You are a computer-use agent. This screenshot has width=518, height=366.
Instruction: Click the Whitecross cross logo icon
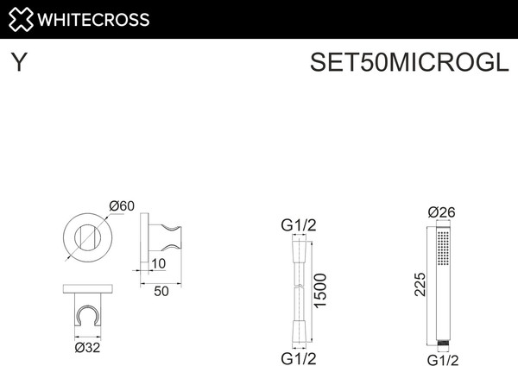tap(22, 19)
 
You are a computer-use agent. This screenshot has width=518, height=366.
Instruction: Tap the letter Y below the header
tap(18, 62)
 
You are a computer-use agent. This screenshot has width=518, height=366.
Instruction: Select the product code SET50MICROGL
tap(404, 63)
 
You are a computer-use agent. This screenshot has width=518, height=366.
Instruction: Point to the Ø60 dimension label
tap(122, 205)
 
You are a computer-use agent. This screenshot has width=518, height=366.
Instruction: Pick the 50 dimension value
tap(160, 291)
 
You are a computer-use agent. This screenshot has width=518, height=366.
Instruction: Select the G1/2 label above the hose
tap(299, 226)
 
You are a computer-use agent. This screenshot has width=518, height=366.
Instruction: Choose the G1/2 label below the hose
tap(299, 357)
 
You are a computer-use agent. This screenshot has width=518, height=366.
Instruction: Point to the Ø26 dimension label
tap(441, 212)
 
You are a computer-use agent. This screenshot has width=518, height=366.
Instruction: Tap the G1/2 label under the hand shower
tap(442, 358)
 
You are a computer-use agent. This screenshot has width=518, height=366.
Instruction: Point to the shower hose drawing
tap(299, 289)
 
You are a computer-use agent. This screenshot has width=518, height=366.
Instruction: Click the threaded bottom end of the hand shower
tap(443, 342)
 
